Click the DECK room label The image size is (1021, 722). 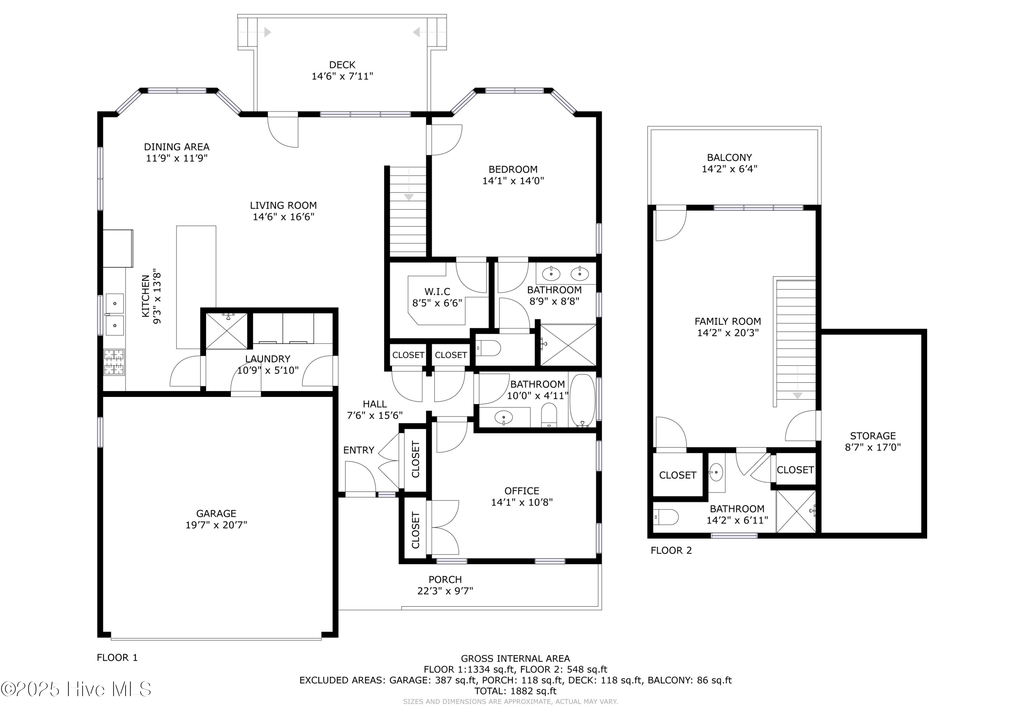click(x=342, y=65)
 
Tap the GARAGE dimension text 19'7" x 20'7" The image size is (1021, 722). click(x=216, y=525)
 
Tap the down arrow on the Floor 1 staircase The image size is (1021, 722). click(x=409, y=197)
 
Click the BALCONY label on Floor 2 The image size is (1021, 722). click(x=729, y=158)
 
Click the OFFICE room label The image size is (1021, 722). click(x=522, y=491)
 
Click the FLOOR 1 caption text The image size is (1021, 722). click(x=117, y=658)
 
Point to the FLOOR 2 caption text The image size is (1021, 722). click(x=671, y=551)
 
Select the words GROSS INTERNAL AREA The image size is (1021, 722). click(x=515, y=659)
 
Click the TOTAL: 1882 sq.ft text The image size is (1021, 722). click(x=515, y=691)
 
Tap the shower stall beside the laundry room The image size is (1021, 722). click(x=226, y=331)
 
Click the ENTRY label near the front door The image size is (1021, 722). click(x=358, y=450)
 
